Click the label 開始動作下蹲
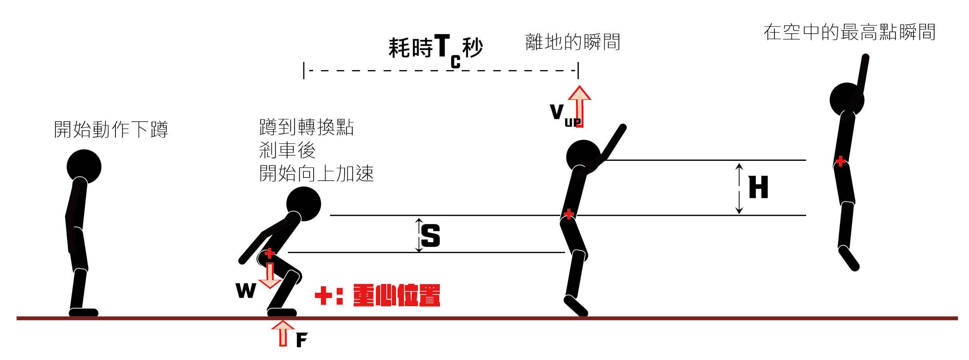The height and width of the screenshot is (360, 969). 111,130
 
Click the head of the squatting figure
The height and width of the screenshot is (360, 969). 304,204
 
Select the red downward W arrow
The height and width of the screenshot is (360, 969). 269,276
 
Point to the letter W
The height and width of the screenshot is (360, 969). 246,290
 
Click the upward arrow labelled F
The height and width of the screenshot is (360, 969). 283,333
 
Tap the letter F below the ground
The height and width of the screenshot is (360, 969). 301,341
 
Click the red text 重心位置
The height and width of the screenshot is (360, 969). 397,296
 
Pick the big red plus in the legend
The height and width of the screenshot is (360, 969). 323,296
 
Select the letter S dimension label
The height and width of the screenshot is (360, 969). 431,237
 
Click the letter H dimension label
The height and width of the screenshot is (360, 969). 758,187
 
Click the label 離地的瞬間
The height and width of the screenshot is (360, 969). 573,42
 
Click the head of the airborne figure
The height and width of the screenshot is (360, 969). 847,99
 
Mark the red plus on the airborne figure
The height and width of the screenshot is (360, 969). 840,161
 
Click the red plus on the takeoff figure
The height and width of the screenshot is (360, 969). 569,214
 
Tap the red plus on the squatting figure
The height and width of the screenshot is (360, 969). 269,254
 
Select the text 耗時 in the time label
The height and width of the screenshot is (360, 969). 410,48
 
